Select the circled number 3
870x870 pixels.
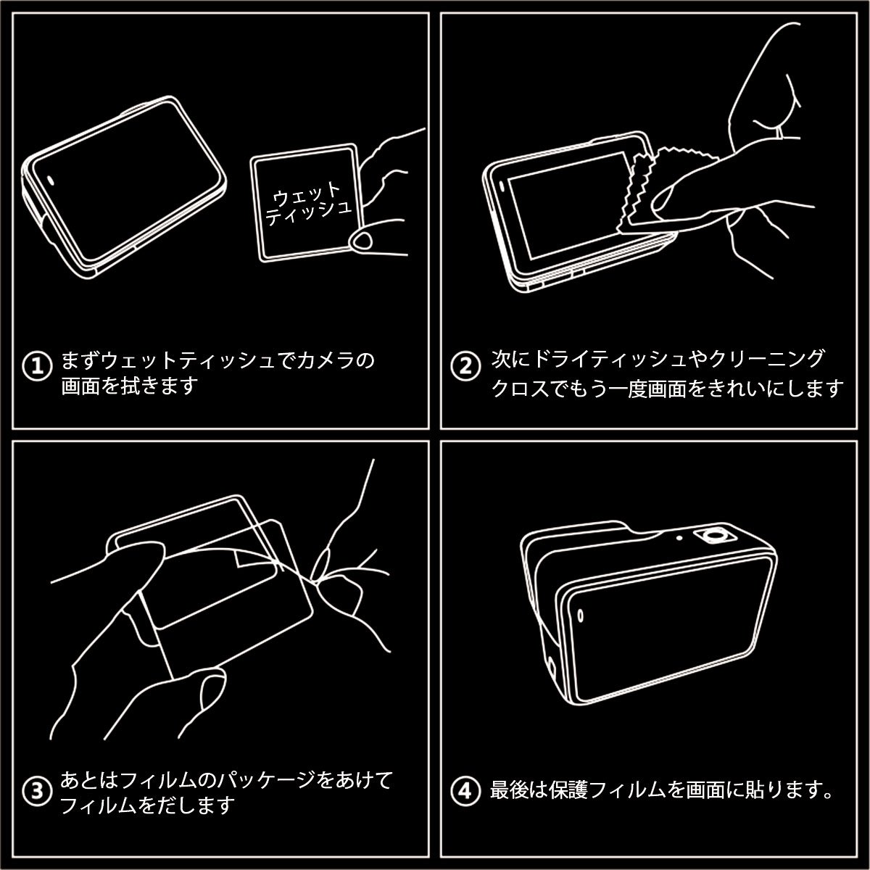point(38,791)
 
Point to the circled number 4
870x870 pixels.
point(465,791)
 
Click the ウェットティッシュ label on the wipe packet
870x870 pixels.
point(308,204)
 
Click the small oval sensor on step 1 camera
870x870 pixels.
point(50,180)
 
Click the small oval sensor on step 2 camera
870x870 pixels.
point(502,186)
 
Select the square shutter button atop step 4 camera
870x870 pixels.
point(715,536)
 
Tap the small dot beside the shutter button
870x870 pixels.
point(679,538)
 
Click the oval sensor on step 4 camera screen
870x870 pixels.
point(581,616)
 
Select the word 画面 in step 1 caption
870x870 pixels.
point(80,386)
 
